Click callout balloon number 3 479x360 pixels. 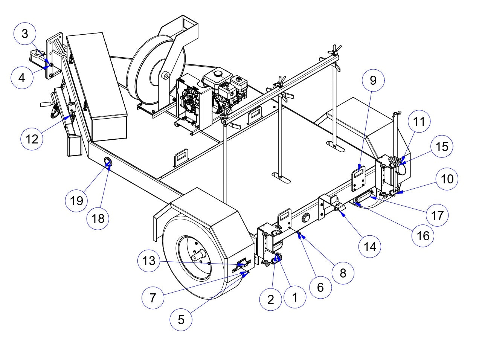pos(25,34)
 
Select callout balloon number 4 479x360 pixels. pos(22,78)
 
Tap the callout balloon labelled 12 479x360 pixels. pos(32,139)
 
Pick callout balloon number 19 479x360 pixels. pos(76,201)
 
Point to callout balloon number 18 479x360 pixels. pos(98,218)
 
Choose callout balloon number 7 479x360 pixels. pos(153,298)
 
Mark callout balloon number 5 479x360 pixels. pos(181,320)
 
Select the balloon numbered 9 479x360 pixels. pos(373,80)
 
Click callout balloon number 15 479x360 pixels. pos(442,146)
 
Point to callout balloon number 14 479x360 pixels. pos(370,247)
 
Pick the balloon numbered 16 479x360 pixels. pos(423,235)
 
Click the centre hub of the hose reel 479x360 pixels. pos(164,75)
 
